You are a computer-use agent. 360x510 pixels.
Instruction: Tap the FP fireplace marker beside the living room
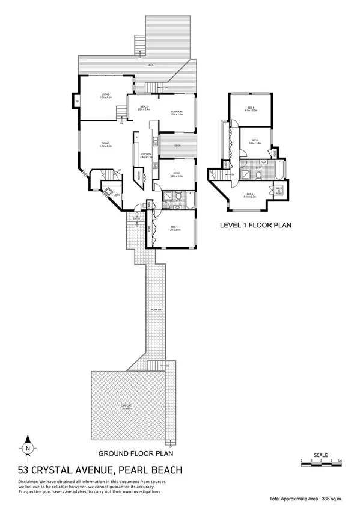(x=76, y=101)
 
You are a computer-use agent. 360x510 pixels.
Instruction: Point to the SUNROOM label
(x=176, y=112)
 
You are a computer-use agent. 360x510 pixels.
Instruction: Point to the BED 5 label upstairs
(x=251, y=109)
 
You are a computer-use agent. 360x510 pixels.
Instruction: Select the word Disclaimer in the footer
(x=31, y=481)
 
